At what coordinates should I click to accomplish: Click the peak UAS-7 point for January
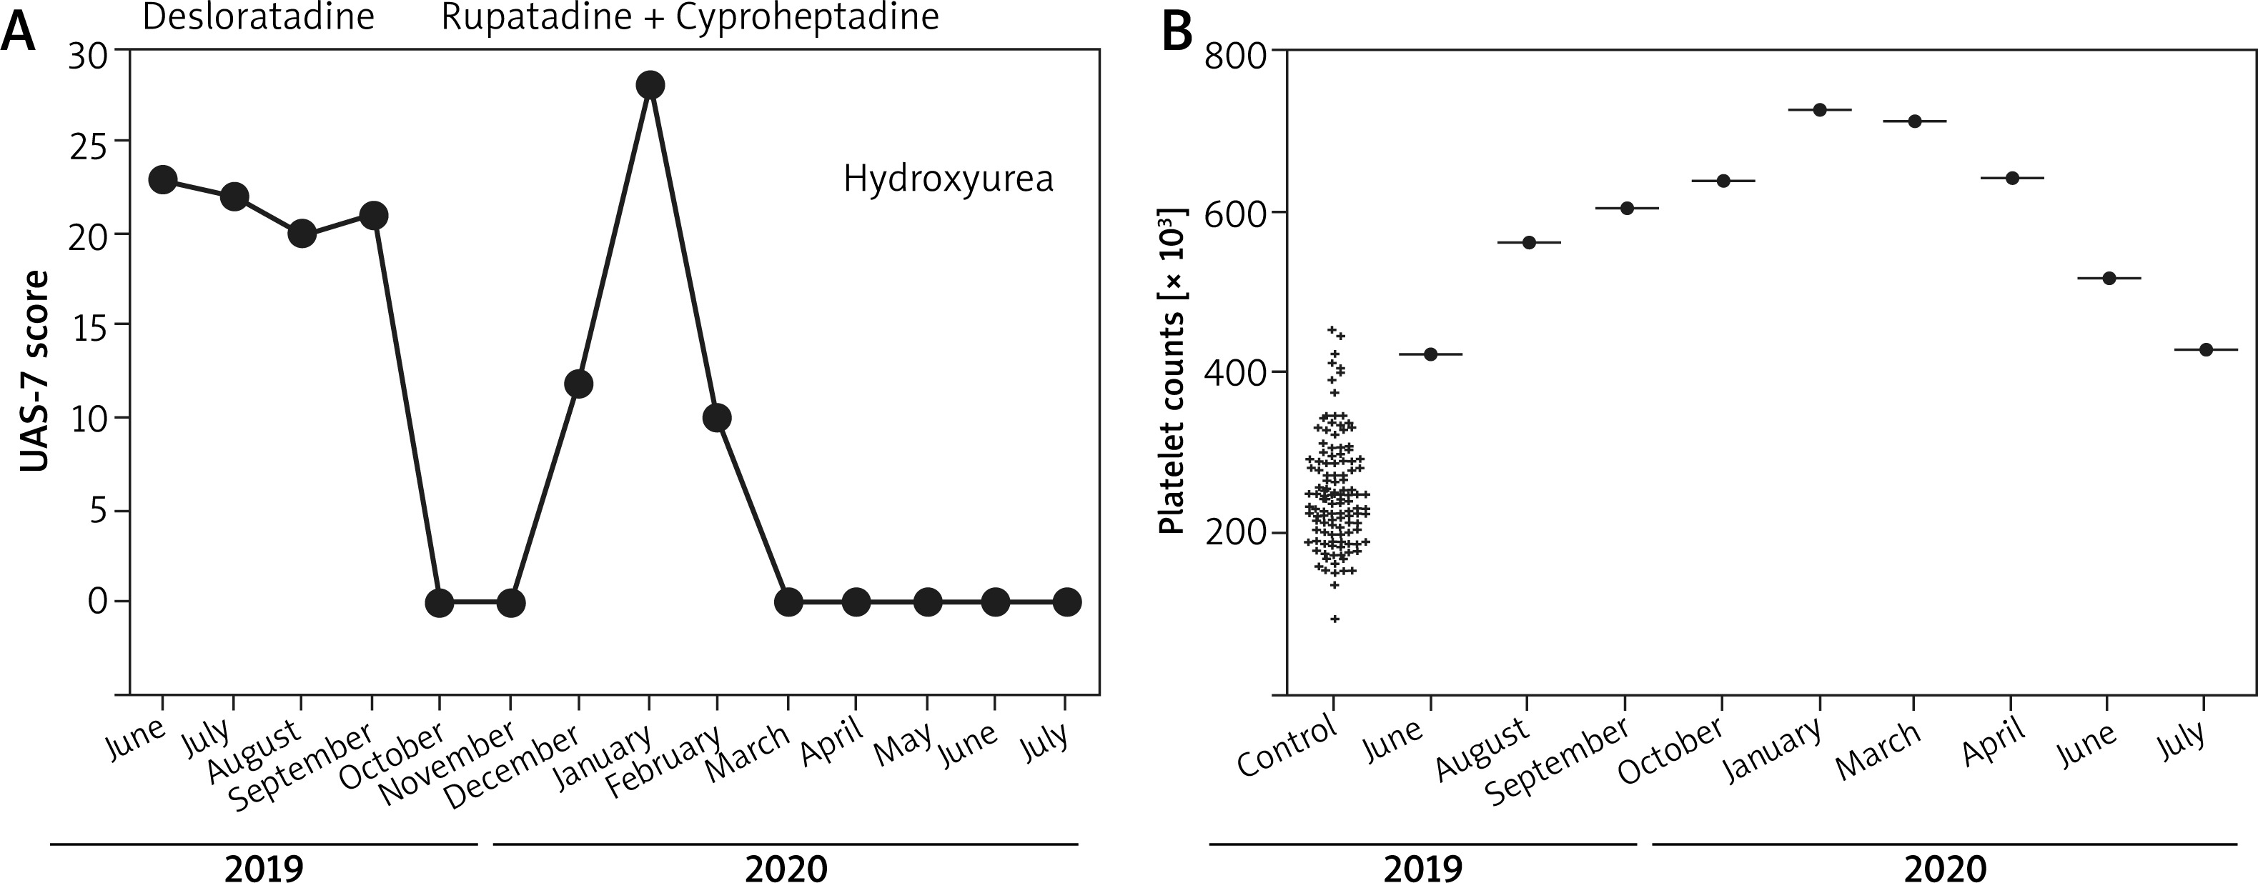click(650, 86)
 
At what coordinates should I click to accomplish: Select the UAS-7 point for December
click(578, 384)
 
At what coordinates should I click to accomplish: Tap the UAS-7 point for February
click(717, 418)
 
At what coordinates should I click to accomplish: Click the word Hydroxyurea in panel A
click(948, 179)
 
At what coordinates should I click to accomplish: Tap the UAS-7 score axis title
click(35, 371)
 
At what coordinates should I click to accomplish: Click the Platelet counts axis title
click(1171, 371)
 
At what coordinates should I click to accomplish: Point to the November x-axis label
click(447, 764)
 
